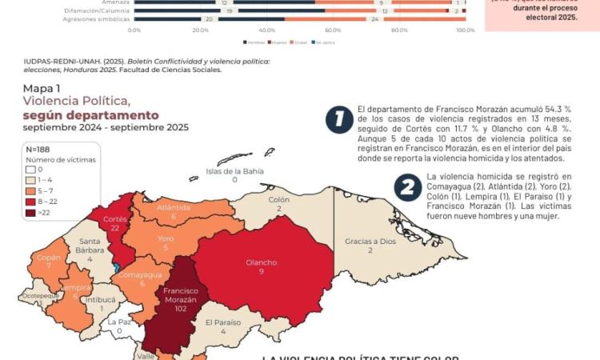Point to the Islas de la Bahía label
pos(235,170)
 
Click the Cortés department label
pos(115,218)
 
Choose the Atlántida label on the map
pos(173,208)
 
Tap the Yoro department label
pos(166,238)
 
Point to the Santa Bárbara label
pos(90,246)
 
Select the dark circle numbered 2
pos(408,187)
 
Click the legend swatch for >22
pos(31,214)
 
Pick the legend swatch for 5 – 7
pos(31,191)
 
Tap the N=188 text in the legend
pos(38,149)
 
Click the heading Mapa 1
pos(42,89)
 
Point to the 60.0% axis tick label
pos(333,30)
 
